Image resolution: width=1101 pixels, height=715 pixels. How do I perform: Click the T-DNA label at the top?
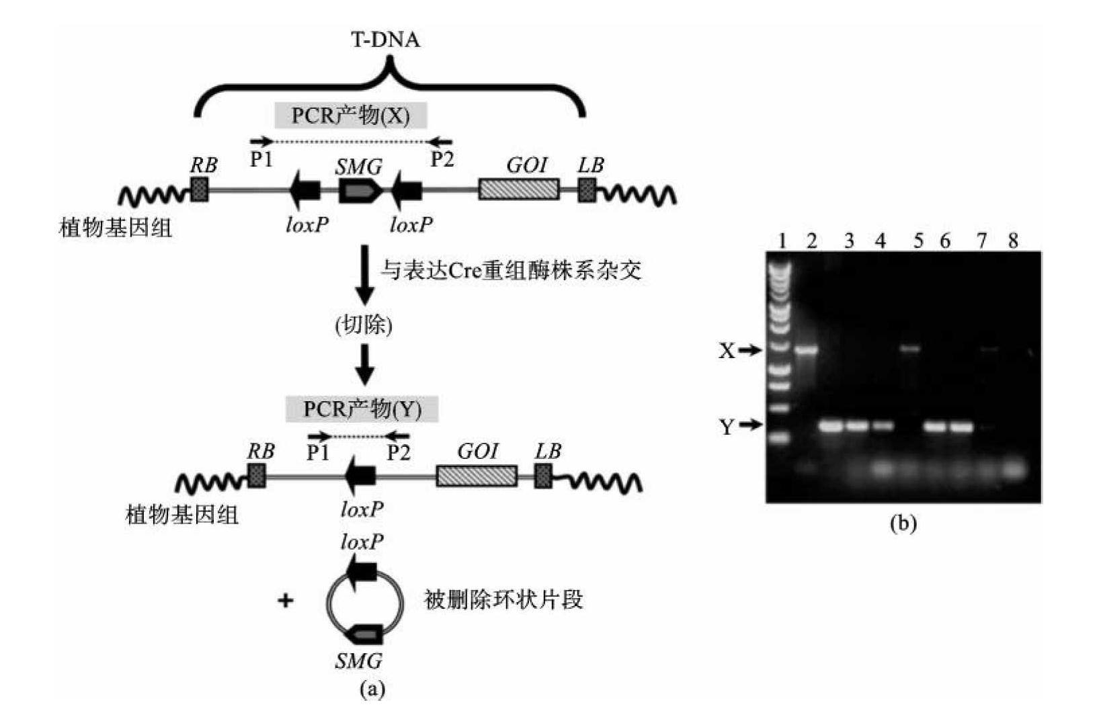coord(386,40)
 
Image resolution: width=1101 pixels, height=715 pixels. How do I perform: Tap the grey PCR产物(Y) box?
coord(362,409)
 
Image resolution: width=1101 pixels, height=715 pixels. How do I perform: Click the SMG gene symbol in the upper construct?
coord(360,192)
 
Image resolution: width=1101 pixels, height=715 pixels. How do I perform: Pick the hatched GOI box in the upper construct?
coord(518,190)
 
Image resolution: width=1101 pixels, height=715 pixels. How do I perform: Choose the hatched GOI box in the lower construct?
coord(477,476)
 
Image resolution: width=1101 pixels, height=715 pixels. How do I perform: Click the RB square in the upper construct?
coord(200,190)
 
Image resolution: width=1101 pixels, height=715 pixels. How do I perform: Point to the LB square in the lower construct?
coord(543,476)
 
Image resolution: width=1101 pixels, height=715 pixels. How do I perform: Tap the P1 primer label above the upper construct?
coord(261,159)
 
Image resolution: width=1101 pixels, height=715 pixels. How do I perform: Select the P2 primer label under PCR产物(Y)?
coord(398,452)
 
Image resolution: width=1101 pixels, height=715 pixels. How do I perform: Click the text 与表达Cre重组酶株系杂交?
coord(511,270)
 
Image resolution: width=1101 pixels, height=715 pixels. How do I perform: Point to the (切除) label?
coord(364,325)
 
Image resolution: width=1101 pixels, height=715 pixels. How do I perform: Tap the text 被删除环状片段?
coord(503,599)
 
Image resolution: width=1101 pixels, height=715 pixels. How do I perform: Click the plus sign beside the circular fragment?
coord(286,599)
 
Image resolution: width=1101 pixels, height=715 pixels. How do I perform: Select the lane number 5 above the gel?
coord(918,240)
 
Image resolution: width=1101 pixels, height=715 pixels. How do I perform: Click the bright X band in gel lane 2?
coord(806,349)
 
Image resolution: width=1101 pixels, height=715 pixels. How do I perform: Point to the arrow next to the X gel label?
coord(751,350)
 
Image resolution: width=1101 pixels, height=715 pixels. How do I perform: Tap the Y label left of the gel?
coord(727,426)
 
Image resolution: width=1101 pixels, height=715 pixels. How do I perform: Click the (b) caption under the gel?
coord(903,523)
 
